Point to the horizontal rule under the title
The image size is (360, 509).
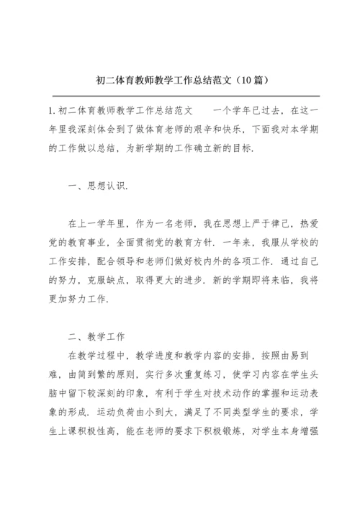(180, 94)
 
